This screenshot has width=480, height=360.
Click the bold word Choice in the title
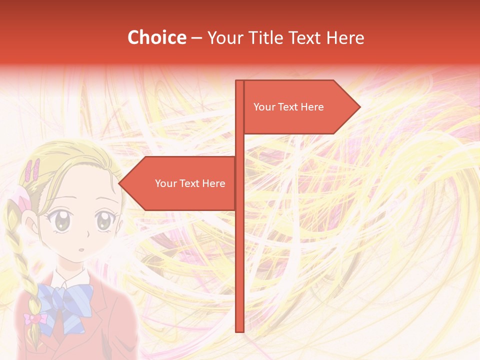coord(156,37)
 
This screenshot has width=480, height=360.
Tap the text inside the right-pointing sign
coord(288,107)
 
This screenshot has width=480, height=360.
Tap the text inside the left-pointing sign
coord(190,183)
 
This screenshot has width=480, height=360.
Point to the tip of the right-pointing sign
coord(359,106)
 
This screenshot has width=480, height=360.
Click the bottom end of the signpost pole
coord(239,330)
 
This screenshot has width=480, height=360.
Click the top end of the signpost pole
coord(239,82)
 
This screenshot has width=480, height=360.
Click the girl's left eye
coord(61,221)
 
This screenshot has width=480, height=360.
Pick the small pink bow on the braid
coord(33,318)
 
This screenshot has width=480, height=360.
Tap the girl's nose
coord(86,234)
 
